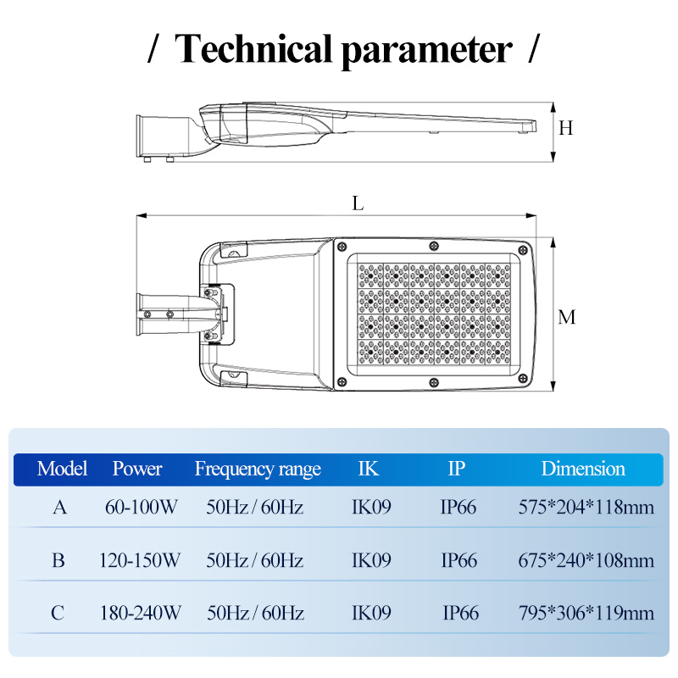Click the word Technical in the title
253,49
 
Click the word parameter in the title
427,52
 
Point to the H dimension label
565,128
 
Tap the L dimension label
358,203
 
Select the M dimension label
567,317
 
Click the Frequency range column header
258,470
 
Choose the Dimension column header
583,469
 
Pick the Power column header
137,469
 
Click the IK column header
369,469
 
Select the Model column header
62,469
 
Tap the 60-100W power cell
141,507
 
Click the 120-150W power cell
139,560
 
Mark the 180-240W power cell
140,613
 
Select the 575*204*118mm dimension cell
586,507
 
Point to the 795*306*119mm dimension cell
586,613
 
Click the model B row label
58,560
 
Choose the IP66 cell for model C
460,613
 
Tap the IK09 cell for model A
371,507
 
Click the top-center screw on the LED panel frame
434,246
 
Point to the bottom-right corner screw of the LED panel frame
523,379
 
